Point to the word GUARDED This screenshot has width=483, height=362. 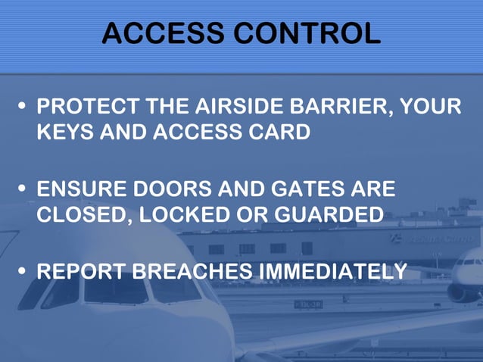(x=329, y=214)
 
